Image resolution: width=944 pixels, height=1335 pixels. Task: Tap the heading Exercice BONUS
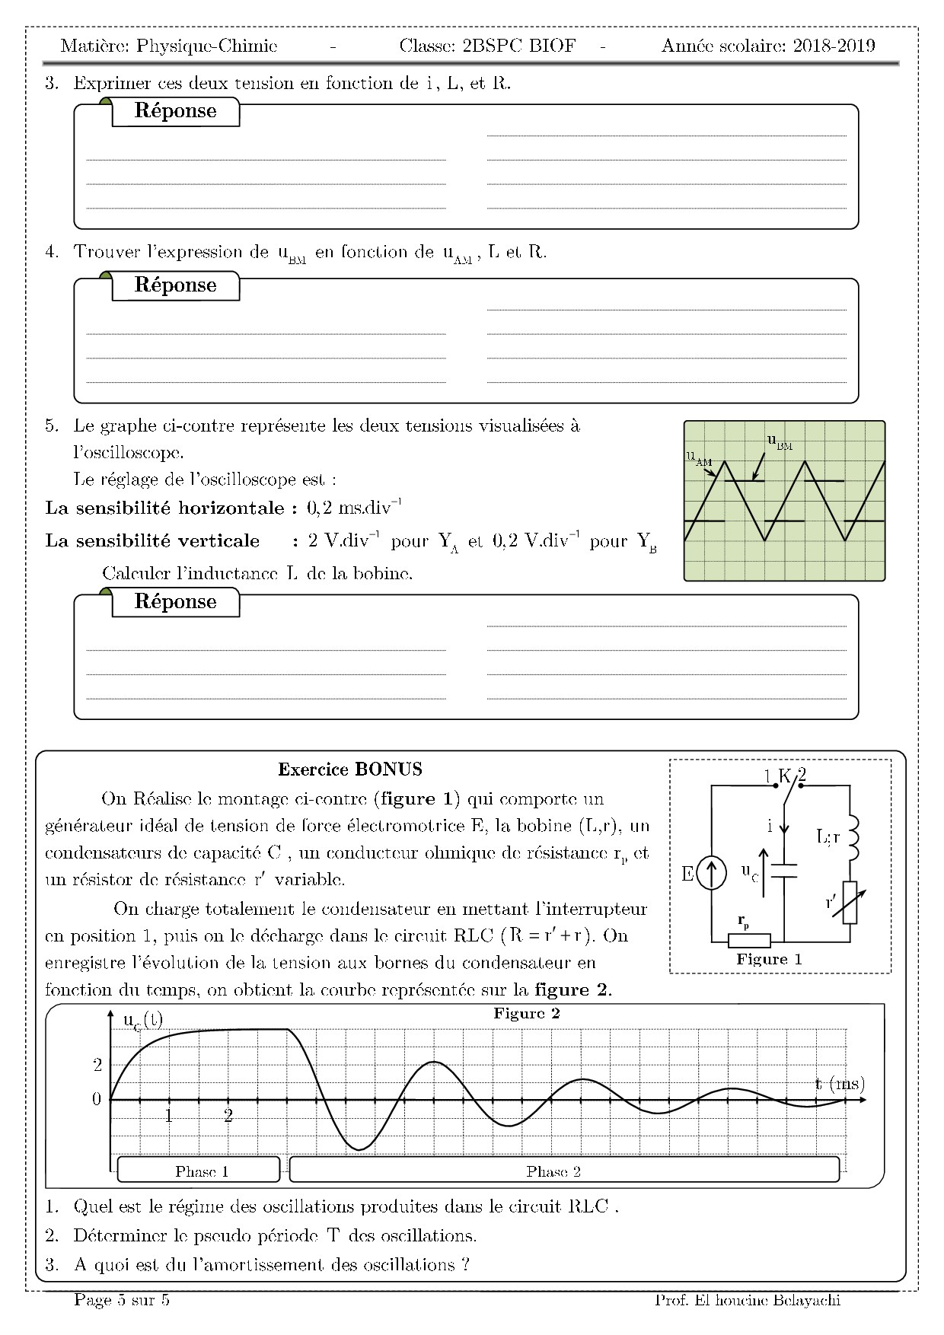coord(350,769)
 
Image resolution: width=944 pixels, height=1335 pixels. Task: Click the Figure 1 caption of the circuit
coord(769,959)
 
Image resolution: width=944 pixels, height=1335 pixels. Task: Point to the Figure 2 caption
coord(526,1014)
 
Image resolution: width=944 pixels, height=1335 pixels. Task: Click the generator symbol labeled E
coord(711,875)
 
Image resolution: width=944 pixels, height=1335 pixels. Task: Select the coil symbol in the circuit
coord(852,837)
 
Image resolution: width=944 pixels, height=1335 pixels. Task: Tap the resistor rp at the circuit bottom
coord(749,941)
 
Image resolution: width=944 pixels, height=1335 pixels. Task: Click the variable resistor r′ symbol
coord(850,902)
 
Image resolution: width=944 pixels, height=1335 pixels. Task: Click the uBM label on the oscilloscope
coord(780,442)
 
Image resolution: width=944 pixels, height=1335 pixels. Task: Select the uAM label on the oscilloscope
coord(698,457)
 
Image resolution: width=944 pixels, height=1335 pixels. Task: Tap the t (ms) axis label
coord(840,1083)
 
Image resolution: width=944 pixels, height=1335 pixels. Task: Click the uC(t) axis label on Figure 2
coord(142,1021)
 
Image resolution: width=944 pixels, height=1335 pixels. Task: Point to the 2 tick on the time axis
coord(228,1117)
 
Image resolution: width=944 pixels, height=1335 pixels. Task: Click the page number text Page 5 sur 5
coord(122,1300)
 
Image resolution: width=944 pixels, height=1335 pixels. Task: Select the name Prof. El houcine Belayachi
coord(748,1300)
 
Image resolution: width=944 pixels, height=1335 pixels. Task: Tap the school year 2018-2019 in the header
coord(834,46)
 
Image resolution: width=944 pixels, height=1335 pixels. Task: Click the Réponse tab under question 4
coord(176,285)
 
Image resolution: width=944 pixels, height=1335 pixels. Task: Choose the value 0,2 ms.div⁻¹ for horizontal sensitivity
coord(354,508)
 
